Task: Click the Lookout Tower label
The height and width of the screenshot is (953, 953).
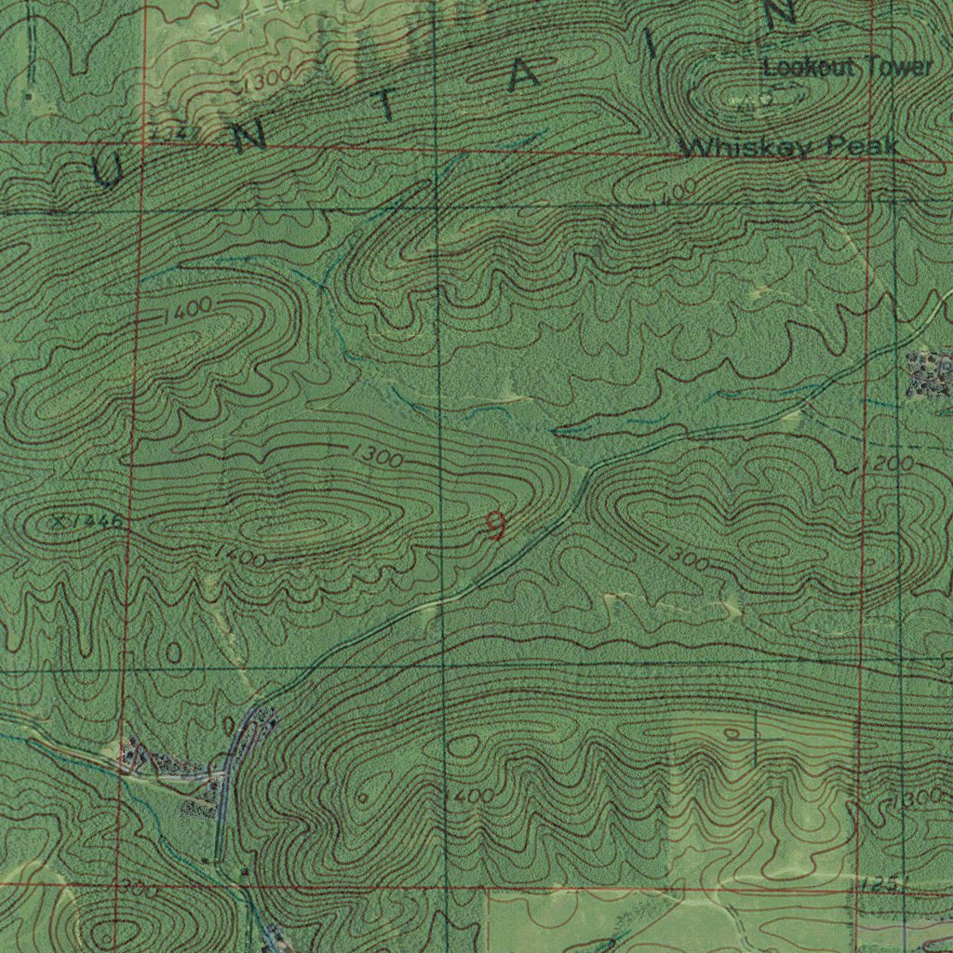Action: coord(847,67)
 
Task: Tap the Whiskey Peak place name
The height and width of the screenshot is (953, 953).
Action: coord(789,147)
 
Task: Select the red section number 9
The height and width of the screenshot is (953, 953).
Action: coord(496,527)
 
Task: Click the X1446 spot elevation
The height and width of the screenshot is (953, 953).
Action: coord(86,522)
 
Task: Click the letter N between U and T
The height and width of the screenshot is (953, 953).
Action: coord(249,138)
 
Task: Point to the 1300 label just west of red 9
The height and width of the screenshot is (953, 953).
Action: coord(377,457)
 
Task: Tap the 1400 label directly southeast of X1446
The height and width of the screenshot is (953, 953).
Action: coord(240,557)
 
